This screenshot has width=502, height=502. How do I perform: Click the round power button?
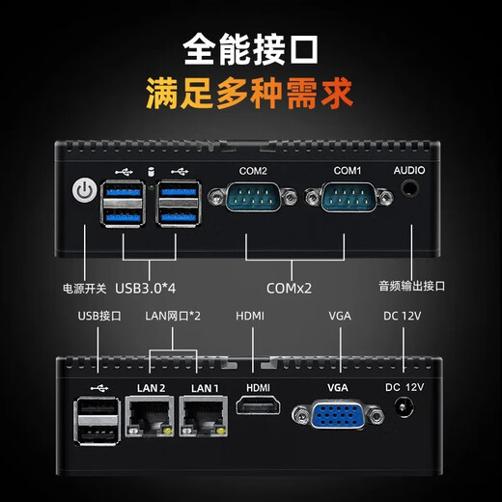[x=85, y=193]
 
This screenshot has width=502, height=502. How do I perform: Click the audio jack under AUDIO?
[x=411, y=189]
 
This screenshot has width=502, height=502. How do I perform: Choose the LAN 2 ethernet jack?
[x=151, y=418]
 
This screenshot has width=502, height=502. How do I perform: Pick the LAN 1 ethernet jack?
[x=205, y=418]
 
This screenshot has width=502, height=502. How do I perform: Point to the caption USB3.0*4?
[x=151, y=287]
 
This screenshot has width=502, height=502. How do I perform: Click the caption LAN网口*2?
[x=174, y=316]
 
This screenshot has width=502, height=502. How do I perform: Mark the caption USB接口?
[x=98, y=316]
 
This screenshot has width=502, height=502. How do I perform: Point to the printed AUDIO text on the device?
[x=409, y=171]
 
